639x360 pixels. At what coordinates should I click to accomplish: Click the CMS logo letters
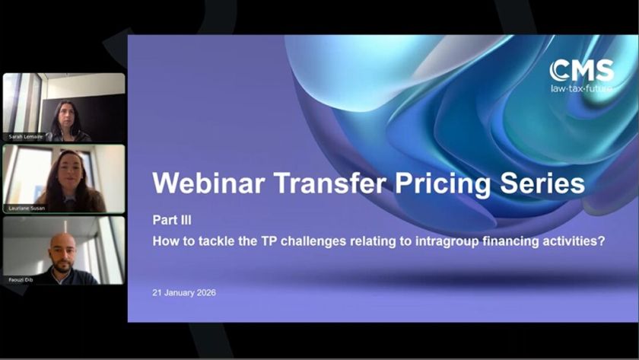pos(582,71)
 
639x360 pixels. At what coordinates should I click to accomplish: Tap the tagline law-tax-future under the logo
pos(582,88)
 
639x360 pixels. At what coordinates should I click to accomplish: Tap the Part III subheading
pos(167,221)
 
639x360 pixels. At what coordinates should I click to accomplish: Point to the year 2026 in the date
pos(204,293)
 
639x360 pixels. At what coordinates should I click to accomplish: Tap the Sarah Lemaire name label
pos(25,137)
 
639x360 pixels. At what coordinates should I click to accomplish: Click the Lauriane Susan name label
pos(27,208)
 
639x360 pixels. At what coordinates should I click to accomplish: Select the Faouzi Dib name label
pos(21,279)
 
